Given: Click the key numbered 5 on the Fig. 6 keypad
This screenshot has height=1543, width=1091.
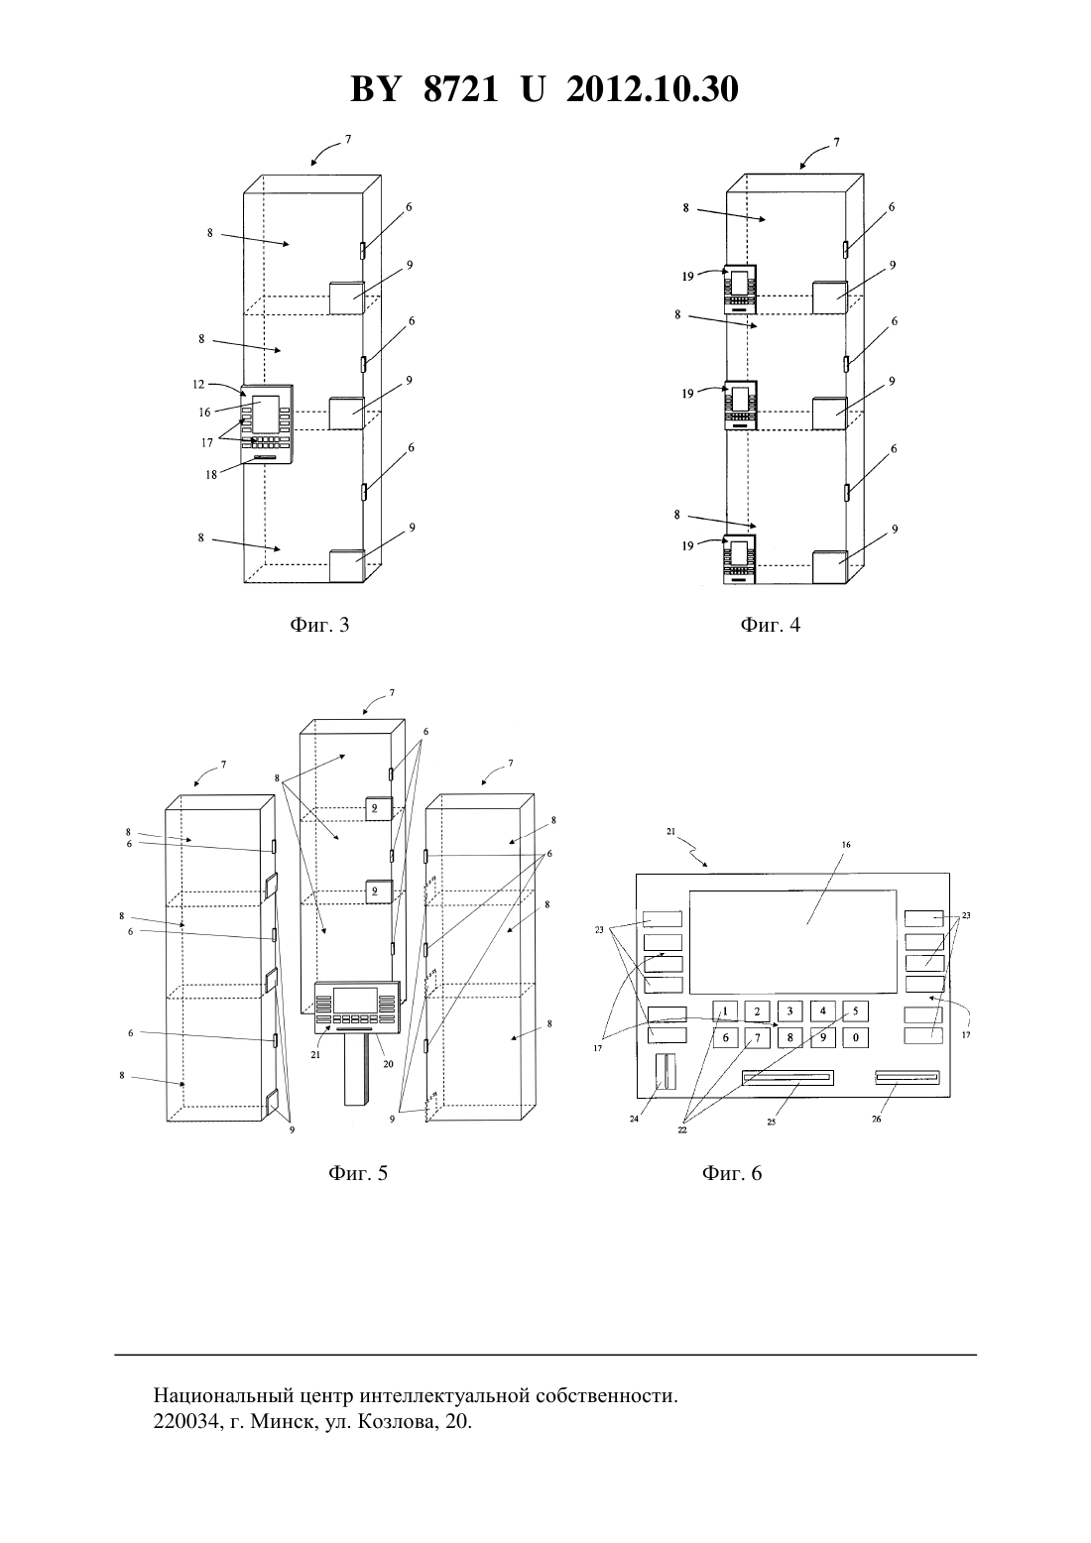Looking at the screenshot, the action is tap(855, 1011).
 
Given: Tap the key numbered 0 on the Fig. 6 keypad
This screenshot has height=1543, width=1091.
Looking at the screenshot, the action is tap(855, 1037).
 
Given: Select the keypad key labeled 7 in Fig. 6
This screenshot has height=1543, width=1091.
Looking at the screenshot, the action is tap(757, 1037).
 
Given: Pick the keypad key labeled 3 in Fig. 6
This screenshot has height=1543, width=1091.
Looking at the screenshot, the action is tap(790, 1011).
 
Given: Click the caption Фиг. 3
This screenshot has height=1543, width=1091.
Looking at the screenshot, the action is tap(319, 625).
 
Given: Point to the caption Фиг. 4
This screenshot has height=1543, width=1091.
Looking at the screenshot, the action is tap(770, 625).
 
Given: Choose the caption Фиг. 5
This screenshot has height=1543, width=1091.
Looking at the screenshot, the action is tap(358, 1173).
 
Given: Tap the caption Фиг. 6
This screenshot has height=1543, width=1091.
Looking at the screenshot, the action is tap(732, 1173).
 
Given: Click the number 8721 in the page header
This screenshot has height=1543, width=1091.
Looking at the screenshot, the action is tap(460, 89).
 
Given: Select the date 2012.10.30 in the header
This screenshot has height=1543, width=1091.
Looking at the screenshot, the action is tap(653, 89).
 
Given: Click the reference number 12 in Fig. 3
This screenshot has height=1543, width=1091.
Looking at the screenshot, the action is tap(198, 385).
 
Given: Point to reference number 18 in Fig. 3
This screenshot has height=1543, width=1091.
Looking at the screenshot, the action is tap(210, 475).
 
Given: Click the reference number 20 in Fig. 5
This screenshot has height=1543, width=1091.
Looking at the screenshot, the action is tap(388, 1064).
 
